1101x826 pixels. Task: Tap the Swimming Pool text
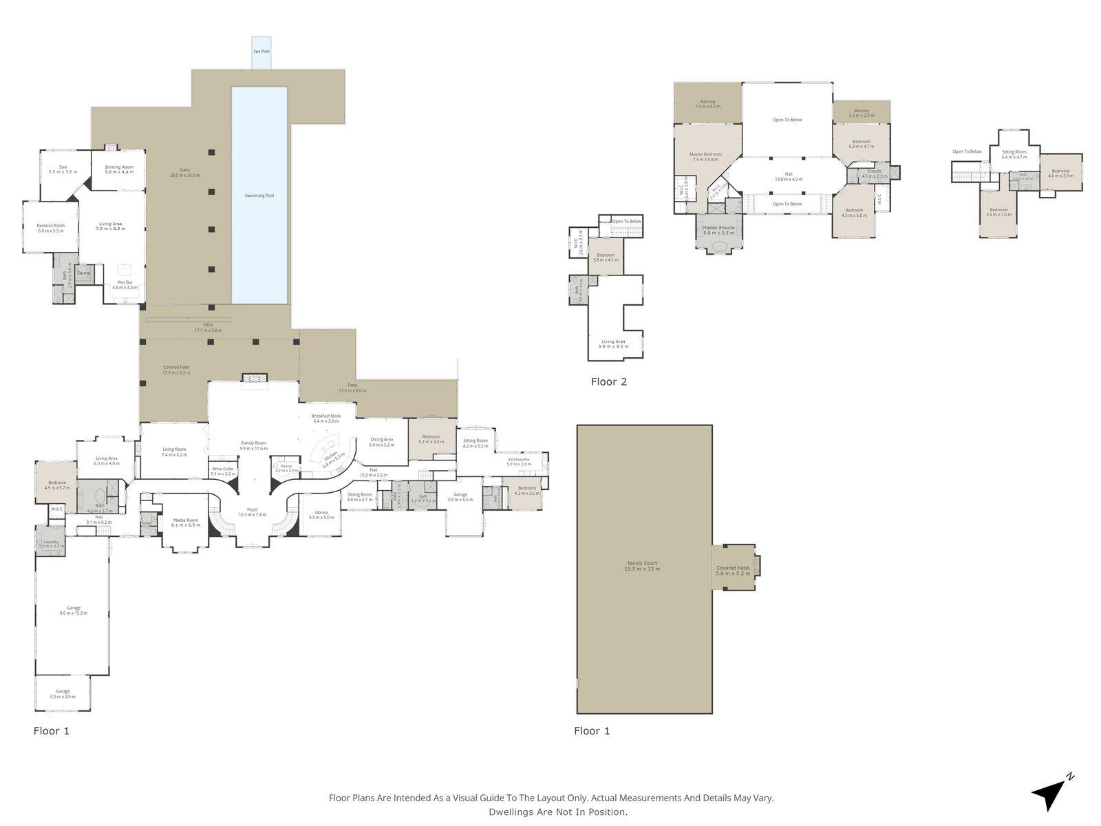(x=259, y=195)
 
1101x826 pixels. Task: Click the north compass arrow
(x=1049, y=796)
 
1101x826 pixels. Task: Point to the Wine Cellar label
(x=223, y=469)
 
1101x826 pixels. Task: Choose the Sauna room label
(x=83, y=273)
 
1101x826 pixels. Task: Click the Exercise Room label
(x=51, y=226)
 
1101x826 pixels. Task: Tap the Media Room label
(x=186, y=520)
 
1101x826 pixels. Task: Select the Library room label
(x=321, y=512)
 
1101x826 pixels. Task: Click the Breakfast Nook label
(x=326, y=416)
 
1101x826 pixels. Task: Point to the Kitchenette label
(x=519, y=459)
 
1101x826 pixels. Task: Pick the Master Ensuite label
(x=719, y=228)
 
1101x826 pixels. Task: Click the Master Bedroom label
(x=705, y=154)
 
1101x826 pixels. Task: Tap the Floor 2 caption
(x=609, y=381)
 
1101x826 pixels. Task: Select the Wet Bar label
(x=125, y=282)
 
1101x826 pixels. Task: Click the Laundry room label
(x=52, y=542)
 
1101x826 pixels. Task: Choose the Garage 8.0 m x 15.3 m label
(x=74, y=608)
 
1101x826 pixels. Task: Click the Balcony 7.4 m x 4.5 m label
(x=707, y=102)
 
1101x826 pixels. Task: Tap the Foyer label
(x=252, y=509)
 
